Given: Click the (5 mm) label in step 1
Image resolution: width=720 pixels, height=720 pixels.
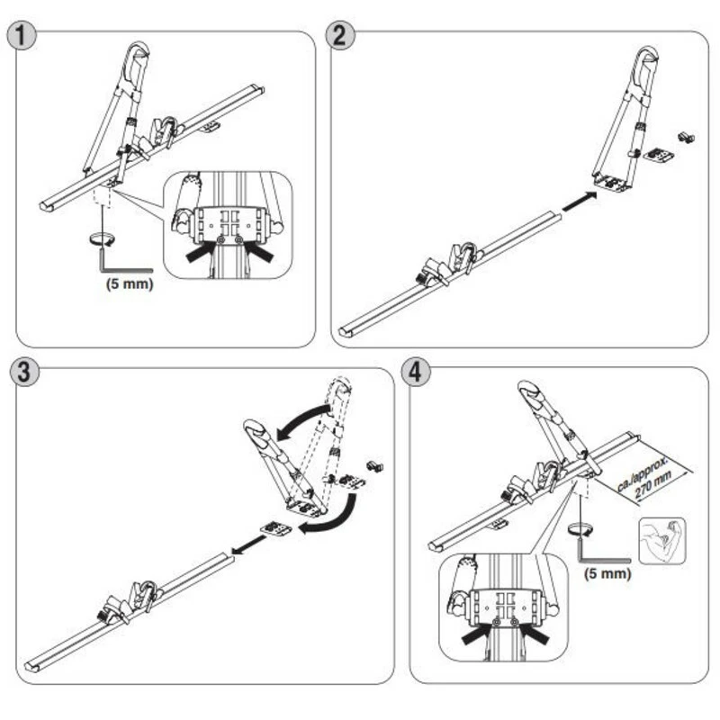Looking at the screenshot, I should (x=129, y=282).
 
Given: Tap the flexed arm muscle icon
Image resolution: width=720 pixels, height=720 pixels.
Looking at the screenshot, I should (x=662, y=540).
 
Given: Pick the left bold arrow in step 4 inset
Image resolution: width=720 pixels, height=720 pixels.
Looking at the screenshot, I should (x=474, y=634).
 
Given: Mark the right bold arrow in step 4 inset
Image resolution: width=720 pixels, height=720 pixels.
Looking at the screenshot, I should (x=533, y=634).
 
